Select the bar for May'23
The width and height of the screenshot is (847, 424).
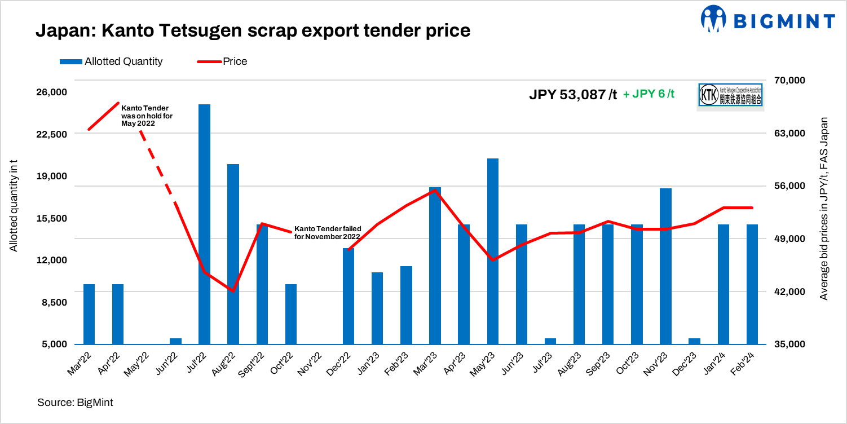coord(493,251)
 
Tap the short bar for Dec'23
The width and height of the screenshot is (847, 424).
coord(695,341)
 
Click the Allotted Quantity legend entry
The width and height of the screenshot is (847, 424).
coord(111,61)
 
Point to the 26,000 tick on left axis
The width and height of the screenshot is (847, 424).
coord(52,92)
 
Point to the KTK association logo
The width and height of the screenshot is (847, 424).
coord(730,95)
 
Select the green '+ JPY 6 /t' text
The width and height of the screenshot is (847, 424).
coord(649,95)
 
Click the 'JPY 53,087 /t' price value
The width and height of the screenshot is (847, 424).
coord(573,95)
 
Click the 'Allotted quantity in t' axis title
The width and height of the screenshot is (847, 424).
coord(14,206)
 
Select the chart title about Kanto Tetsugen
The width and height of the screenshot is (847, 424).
coord(253,30)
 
